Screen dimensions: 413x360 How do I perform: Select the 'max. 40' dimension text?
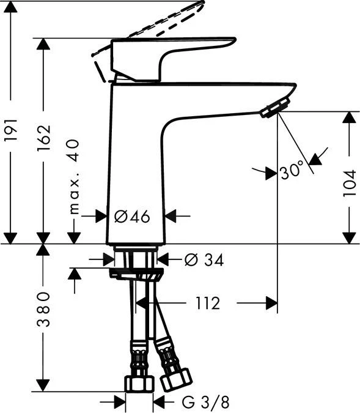[x=75, y=176]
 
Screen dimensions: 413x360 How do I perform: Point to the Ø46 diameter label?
[x=132, y=216]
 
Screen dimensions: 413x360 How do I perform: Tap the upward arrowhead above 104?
[x=348, y=117]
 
